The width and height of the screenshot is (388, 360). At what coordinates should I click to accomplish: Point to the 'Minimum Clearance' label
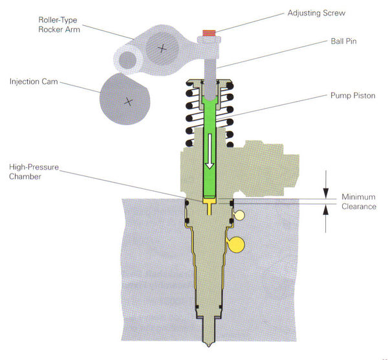coord(358,201)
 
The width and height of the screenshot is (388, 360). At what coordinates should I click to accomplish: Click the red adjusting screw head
coord(208,32)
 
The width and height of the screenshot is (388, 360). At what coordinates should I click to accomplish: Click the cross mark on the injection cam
coord(128,100)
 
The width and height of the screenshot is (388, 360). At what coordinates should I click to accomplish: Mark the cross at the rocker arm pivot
coord(162,47)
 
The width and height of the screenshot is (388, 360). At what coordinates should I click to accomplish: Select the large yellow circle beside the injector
coord(237,244)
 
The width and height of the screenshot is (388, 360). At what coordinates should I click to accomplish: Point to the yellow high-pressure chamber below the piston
coord(209,205)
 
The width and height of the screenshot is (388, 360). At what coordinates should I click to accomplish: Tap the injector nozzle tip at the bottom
coord(209,341)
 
